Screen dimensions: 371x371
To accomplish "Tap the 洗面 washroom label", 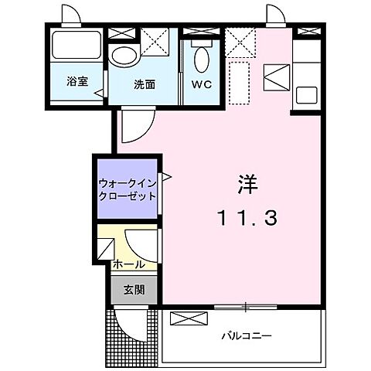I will pos(145,83).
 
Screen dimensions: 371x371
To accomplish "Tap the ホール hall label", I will pos(127,264).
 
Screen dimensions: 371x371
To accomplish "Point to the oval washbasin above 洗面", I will pos(122,55).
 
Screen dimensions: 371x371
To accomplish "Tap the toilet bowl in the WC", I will pos(200,59).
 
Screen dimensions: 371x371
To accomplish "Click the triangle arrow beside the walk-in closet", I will pos(165,177).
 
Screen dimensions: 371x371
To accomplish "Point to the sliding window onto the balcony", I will pos(244,308).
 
